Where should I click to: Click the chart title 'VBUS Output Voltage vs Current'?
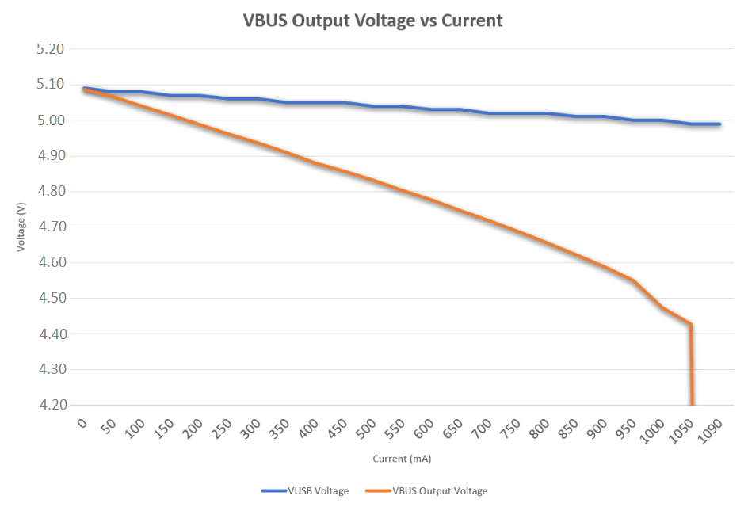click(372, 21)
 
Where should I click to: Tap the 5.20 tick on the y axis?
click(50, 49)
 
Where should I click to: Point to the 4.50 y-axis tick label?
click(50, 299)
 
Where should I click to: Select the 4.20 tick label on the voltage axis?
click(50, 406)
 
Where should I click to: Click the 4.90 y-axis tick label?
click(50, 156)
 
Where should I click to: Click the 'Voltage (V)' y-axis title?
click(21, 227)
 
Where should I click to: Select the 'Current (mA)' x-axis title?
click(402, 459)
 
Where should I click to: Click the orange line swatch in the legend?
click(376, 491)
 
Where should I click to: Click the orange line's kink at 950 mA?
click(633, 280)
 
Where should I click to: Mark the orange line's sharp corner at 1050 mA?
click(691, 324)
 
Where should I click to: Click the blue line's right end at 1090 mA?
click(719, 124)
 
